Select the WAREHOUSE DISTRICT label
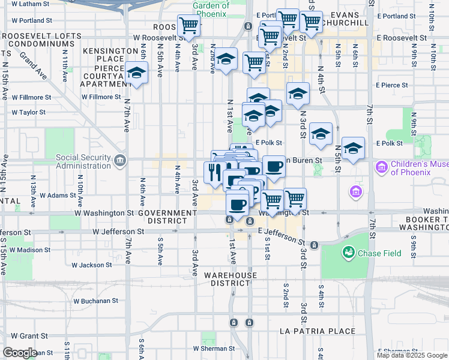[x=230, y=279]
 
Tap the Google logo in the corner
[x=19, y=353]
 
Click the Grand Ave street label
[x=33, y=65]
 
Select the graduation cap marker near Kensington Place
[x=137, y=73]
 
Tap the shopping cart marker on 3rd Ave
[x=189, y=26]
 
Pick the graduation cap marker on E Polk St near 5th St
[x=353, y=148]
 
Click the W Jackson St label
[x=92, y=265]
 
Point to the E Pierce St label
[x=391, y=85]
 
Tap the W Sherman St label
[x=212, y=348]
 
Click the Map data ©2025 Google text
[x=412, y=355]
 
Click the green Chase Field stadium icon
[x=348, y=253]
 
